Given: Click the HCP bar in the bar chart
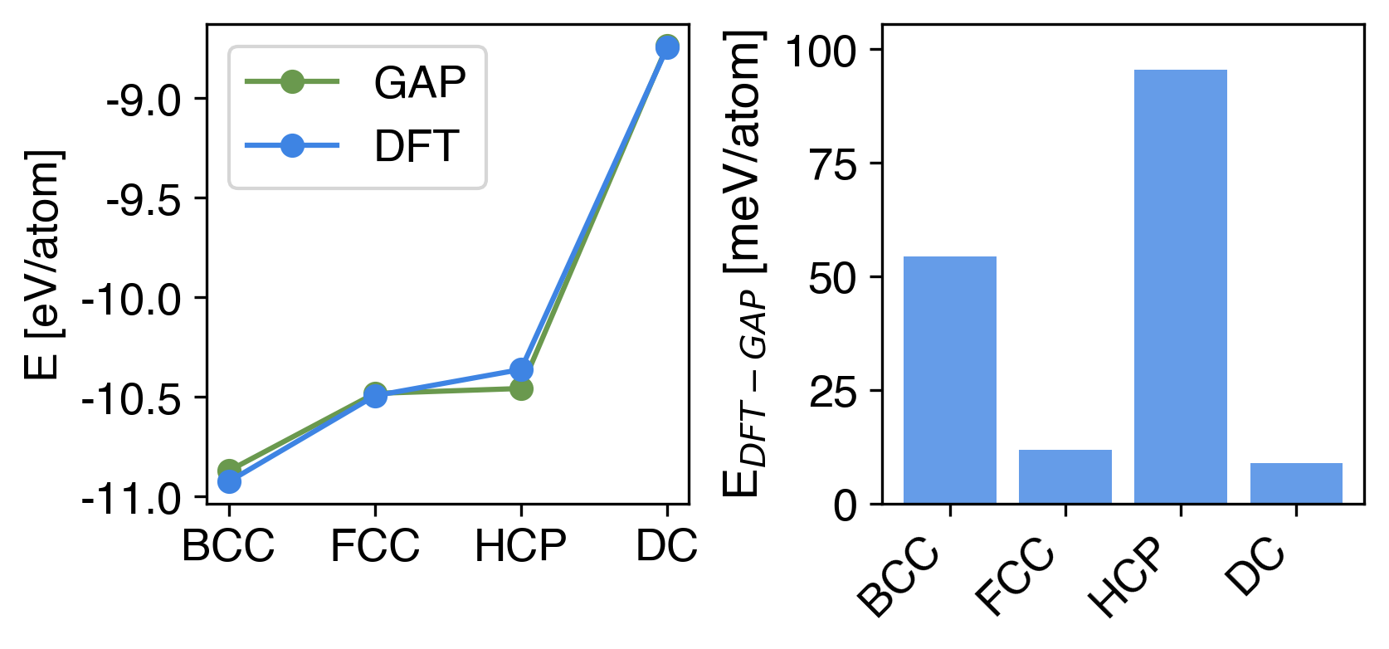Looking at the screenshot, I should (1180, 286).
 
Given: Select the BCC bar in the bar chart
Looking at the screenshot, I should (949, 379).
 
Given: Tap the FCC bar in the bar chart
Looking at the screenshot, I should (1065, 476).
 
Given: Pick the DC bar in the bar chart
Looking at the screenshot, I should (1295, 483).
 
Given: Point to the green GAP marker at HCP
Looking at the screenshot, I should (521, 388).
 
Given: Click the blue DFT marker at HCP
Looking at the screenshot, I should (521, 369).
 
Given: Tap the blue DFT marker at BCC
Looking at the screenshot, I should (229, 481).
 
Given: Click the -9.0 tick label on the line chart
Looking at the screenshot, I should (144, 100).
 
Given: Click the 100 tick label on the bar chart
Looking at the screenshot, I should (820, 51).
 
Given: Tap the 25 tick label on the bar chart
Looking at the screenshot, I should (832, 392).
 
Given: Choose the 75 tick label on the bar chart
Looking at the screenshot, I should (832, 164).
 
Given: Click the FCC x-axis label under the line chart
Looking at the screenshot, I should (375, 546).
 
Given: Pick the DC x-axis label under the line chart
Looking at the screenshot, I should (666, 546).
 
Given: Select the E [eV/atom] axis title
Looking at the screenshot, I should (43, 264).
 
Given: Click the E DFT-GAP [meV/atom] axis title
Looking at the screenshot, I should (743, 264).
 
